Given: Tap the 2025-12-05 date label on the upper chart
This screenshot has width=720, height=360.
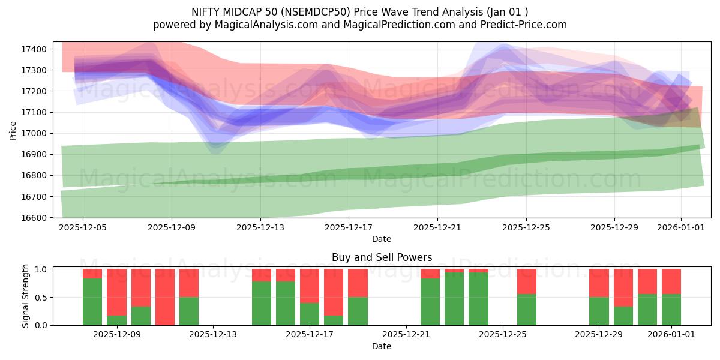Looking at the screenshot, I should click(x=83, y=228).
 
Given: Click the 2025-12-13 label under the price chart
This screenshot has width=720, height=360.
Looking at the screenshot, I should click(x=260, y=228).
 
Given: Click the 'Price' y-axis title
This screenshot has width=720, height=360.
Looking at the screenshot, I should click(x=13, y=130).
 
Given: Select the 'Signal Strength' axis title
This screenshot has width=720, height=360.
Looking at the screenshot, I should click(x=26, y=296).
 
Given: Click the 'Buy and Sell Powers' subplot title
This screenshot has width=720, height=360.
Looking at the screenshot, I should click(x=382, y=257).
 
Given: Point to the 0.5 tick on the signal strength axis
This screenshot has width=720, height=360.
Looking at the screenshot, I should click(x=42, y=298).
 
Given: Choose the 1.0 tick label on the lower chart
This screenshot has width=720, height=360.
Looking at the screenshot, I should click(x=42, y=269).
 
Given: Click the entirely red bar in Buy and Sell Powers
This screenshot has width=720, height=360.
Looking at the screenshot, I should click(x=164, y=297).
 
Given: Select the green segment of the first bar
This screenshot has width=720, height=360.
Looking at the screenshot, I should click(x=92, y=302).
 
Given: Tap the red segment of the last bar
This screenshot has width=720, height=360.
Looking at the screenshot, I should click(x=671, y=281).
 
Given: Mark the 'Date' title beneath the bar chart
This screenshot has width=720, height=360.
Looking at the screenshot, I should click(x=382, y=346).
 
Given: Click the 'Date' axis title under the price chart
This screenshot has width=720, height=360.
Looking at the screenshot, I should click(x=382, y=239).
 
